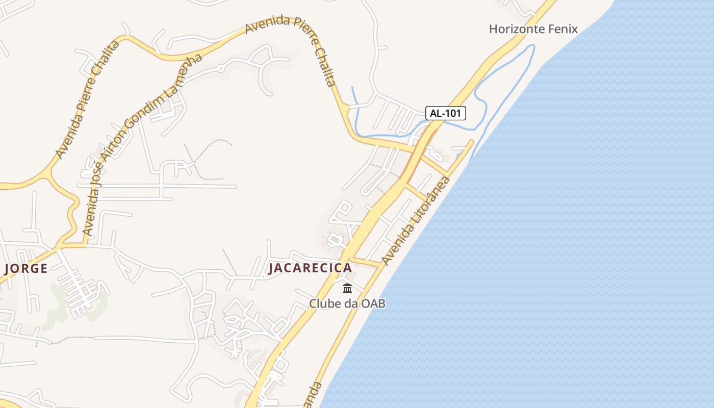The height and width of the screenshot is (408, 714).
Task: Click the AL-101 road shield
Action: (x=446, y=113)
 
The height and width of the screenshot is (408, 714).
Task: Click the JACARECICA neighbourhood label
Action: (x=310, y=268)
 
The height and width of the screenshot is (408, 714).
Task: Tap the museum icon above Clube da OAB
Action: (x=347, y=288)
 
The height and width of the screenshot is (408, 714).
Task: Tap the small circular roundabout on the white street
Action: (x=220, y=67)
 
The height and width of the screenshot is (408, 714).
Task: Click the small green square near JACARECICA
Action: (x=335, y=238)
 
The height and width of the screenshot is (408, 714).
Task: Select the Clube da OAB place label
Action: (x=347, y=303)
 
